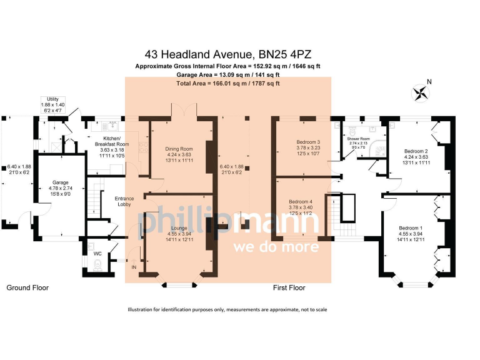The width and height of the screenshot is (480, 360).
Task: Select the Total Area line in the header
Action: point(228,83)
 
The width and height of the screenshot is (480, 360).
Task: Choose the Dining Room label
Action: point(179,149)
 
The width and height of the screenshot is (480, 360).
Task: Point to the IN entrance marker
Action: point(133,267)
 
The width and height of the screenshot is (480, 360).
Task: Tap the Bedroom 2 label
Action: point(416,151)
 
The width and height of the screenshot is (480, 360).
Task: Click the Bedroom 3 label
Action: point(308,142)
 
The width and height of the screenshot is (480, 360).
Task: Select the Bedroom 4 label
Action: point(301,202)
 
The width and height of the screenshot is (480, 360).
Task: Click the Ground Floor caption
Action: point(27,288)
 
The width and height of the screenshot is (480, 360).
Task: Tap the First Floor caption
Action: point(289,288)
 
